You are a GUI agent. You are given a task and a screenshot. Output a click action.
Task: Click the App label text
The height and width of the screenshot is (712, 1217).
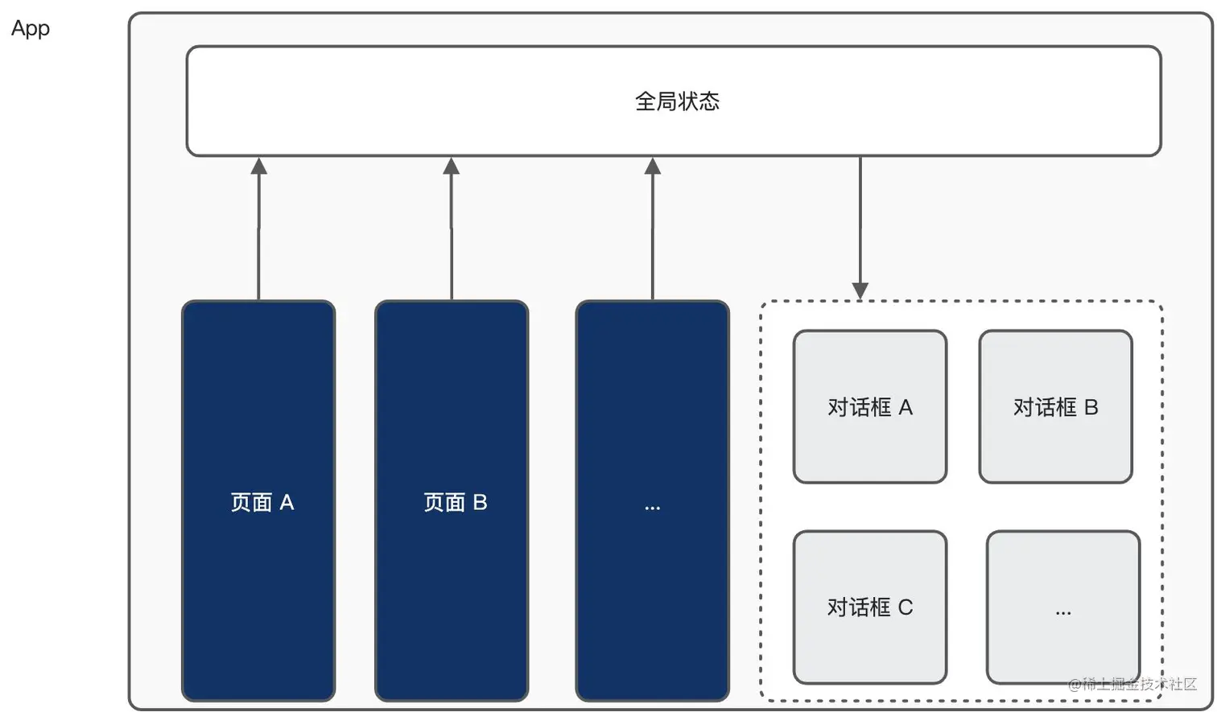(31, 29)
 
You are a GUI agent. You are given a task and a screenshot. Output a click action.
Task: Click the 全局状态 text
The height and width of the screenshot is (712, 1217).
(677, 101)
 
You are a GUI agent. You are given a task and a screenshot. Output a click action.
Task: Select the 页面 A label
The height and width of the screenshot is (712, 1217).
(262, 503)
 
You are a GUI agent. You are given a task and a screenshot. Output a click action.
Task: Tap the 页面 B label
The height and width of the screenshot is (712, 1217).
(455, 503)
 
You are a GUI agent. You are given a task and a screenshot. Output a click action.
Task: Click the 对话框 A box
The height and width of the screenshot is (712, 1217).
(869, 406)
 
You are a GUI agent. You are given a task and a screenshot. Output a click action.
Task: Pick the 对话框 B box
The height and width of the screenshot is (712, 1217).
(1055, 406)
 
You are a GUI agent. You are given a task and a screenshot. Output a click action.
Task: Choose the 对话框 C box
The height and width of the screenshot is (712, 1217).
(869, 607)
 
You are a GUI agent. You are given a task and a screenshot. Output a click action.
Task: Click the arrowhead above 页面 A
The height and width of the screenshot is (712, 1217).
(258, 167)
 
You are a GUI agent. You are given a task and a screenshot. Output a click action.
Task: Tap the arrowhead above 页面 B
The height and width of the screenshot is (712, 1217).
(452, 167)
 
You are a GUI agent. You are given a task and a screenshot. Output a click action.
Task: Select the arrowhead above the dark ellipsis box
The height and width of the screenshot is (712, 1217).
(653, 167)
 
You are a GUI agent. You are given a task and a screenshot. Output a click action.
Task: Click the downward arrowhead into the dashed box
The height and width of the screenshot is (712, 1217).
(860, 290)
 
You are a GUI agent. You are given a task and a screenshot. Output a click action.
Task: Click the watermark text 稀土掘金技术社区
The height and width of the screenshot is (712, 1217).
(1138, 684)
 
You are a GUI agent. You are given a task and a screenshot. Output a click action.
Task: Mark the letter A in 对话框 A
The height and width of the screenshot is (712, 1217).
(906, 408)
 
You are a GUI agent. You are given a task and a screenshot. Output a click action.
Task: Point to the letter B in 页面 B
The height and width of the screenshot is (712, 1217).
(480, 503)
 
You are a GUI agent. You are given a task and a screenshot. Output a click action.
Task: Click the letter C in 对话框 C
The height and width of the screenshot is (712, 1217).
(906, 607)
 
